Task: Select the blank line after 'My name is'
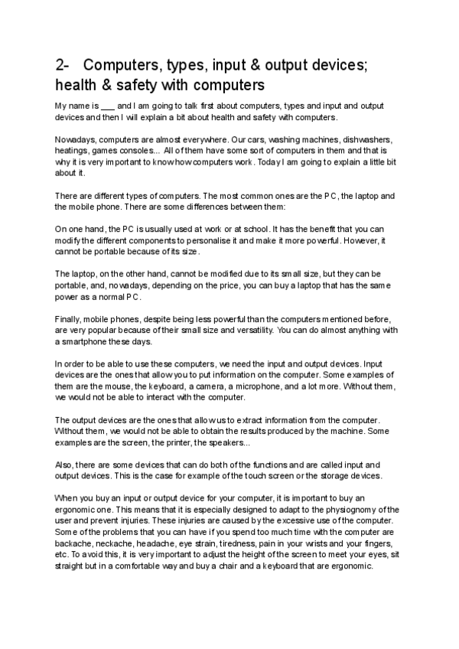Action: [x=108, y=105]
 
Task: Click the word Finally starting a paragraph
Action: [x=68, y=318]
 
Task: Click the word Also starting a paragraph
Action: [x=65, y=465]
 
